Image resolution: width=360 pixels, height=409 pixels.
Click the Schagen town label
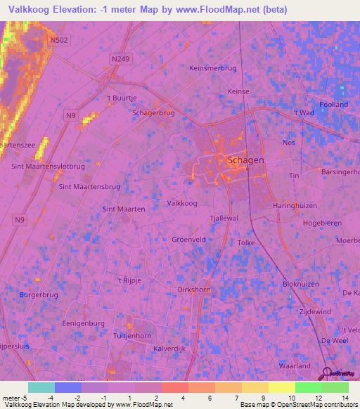(x=245, y=160)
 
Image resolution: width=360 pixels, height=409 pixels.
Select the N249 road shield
(x=120, y=60)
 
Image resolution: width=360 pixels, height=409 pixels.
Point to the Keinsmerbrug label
(x=213, y=68)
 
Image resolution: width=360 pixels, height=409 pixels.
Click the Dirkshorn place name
(x=194, y=288)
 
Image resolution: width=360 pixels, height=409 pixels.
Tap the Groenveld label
(x=188, y=240)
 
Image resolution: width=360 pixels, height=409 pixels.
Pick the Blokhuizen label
(x=301, y=285)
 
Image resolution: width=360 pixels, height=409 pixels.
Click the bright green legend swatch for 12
(x=308, y=387)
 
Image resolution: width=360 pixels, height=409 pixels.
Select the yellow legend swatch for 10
(x=281, y=387)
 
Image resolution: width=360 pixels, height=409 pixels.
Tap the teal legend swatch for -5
(x=41, y=387)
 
